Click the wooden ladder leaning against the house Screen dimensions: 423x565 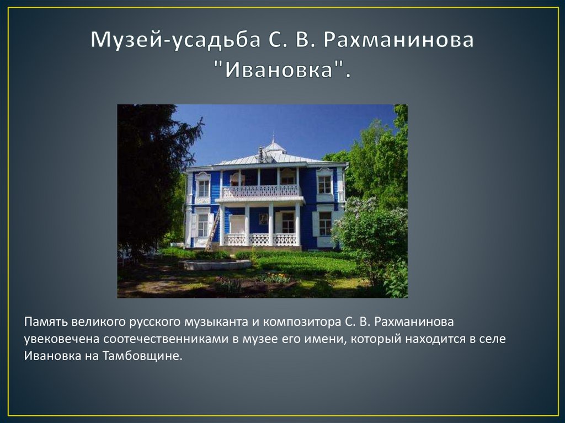(212, 230)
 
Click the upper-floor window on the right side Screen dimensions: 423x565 (324, 184)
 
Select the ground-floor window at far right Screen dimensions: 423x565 (325, 223)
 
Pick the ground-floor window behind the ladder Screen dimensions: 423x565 (203, 224)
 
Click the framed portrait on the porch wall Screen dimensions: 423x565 (263, 218)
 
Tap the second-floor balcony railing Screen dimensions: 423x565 (260, 191)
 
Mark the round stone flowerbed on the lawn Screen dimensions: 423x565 (214, 265)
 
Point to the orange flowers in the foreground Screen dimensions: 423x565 (274, 279)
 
